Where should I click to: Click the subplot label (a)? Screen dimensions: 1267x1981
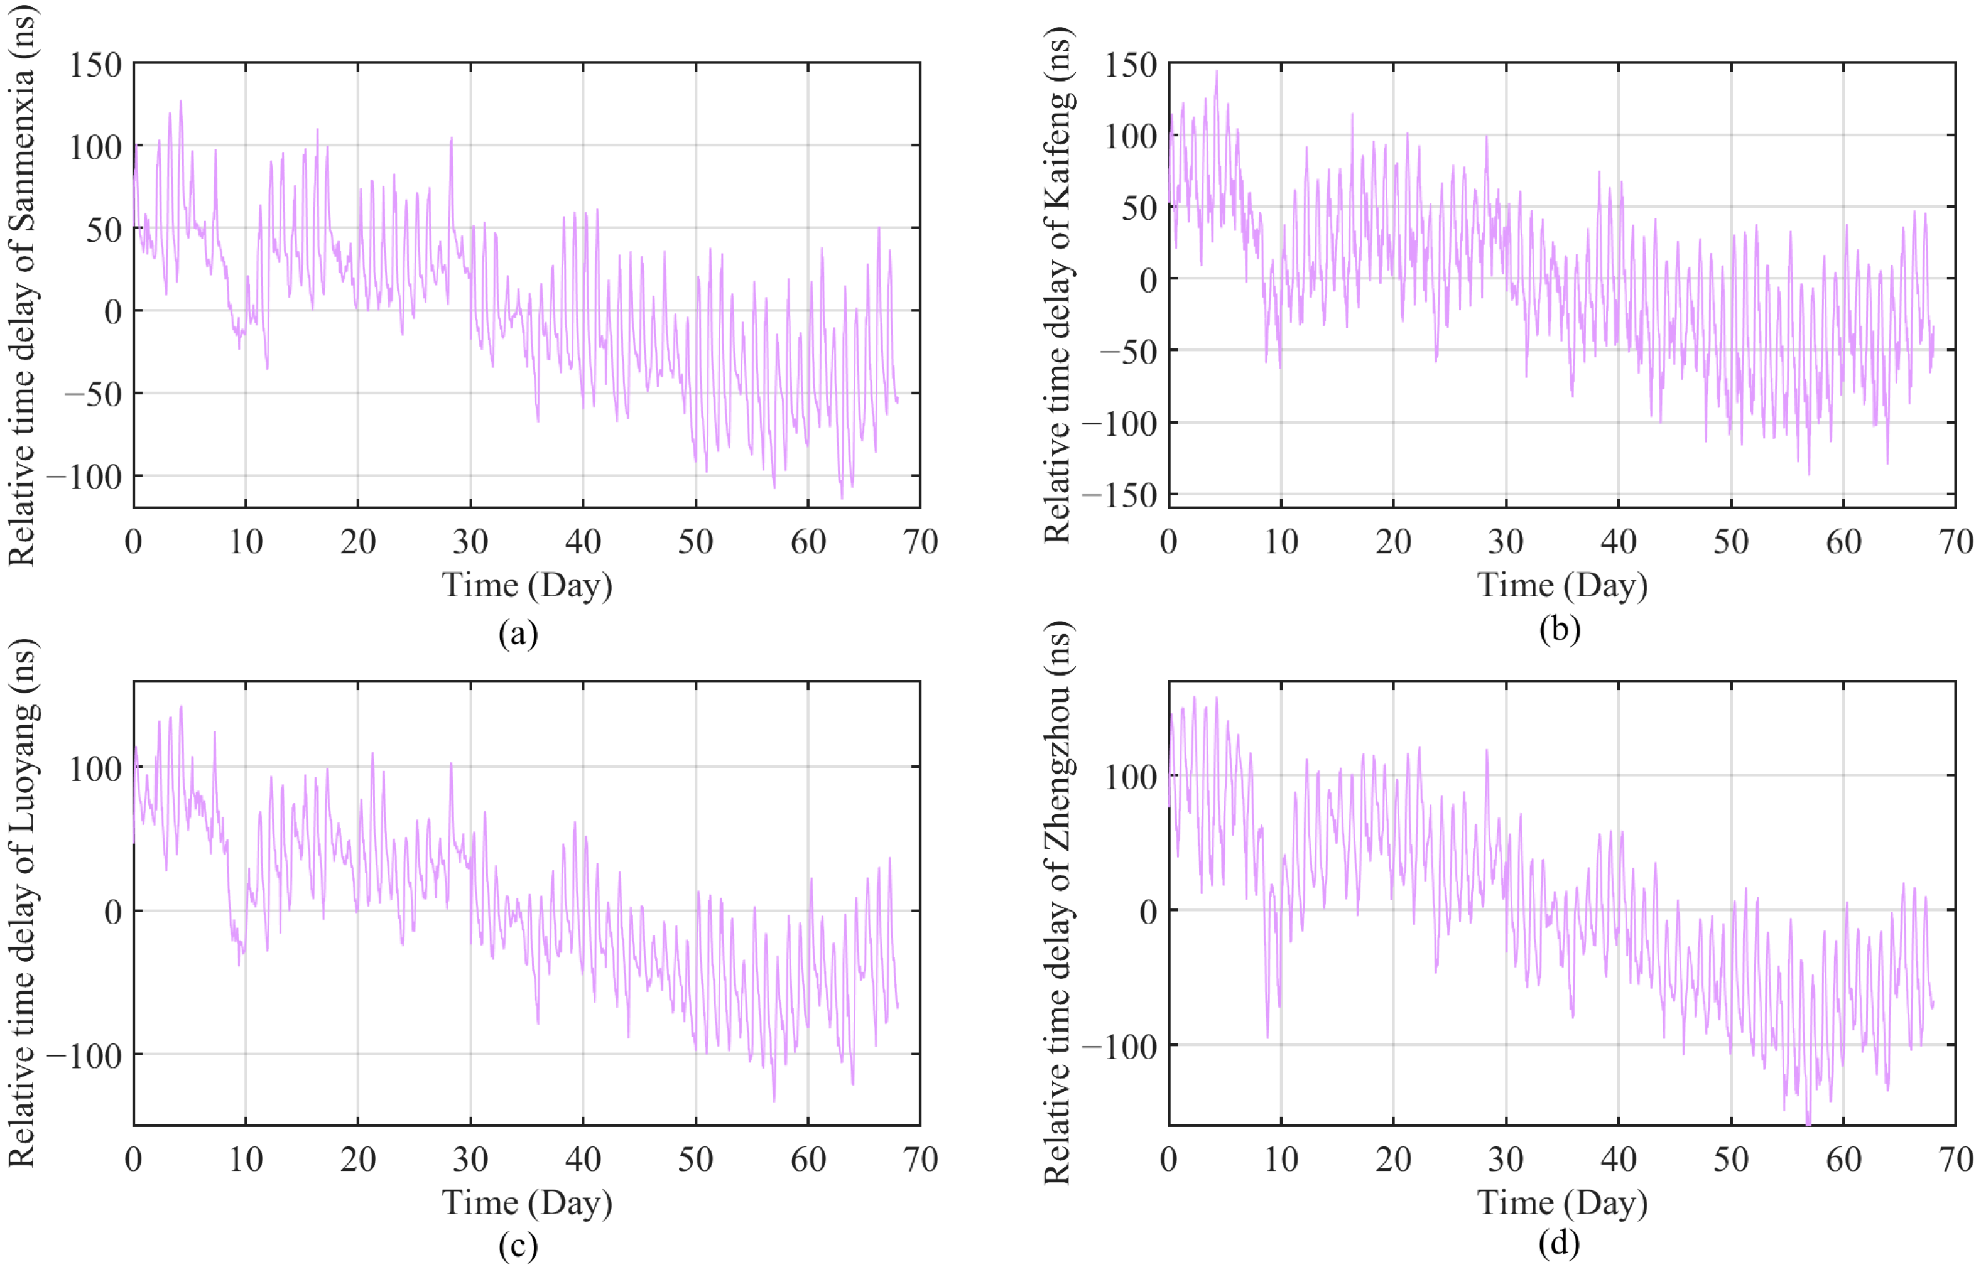tap(518, 633)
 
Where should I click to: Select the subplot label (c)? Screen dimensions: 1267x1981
tap(518, 1246)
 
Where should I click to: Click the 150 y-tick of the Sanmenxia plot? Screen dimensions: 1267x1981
tap(95, 65)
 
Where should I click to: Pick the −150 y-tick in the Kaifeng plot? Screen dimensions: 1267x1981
tap(1119, 495)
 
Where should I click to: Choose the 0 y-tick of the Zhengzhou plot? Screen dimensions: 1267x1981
tap(1148, 911)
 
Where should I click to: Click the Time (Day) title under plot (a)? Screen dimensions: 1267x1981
tap(528, 586)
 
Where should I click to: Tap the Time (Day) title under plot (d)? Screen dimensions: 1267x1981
tap(1562, 1203)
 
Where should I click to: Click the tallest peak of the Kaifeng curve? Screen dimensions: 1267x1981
tap(1217, 72)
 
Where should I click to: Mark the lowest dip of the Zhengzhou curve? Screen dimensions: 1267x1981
tap(1808, 1124)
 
